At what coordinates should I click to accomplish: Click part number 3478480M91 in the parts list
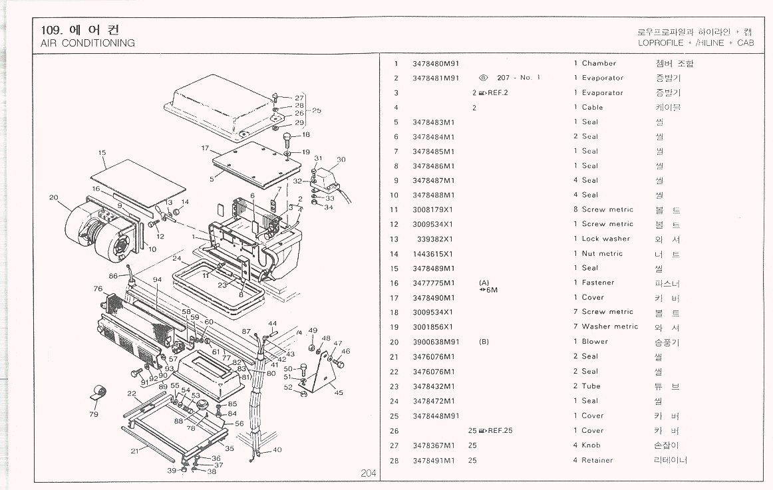(x=436, y=64)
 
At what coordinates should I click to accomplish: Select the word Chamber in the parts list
(x=599, y=64)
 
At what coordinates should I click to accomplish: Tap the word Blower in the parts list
(x=595, y=342)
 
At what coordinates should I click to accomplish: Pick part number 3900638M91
(x=436, y=342)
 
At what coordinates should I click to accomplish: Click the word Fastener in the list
(x=598, y=283)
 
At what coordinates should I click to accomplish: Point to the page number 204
(x=369, y=473)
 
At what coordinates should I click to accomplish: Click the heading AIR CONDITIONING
(x=88, y=43)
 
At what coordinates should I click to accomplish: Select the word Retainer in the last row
(x=597, y=460)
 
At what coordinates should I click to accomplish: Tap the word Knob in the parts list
(x=591, y=445)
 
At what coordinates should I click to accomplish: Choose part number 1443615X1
(x=433, y=254)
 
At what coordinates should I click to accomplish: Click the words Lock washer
(x=605, y=239)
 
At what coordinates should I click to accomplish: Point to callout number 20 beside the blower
(x=54, y=197)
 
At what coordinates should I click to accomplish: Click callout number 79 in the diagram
(x=94, y=414)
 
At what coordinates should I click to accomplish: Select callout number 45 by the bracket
(x=339, y=392)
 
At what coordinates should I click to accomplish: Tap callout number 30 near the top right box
(x=341, y=160)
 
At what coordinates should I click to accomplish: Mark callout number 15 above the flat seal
(x=102, y=153)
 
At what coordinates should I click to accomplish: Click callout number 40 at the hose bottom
(x=277, y=450)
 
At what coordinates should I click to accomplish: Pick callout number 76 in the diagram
(x=98, y=289)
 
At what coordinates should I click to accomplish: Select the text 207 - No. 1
(x=518, y=78)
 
